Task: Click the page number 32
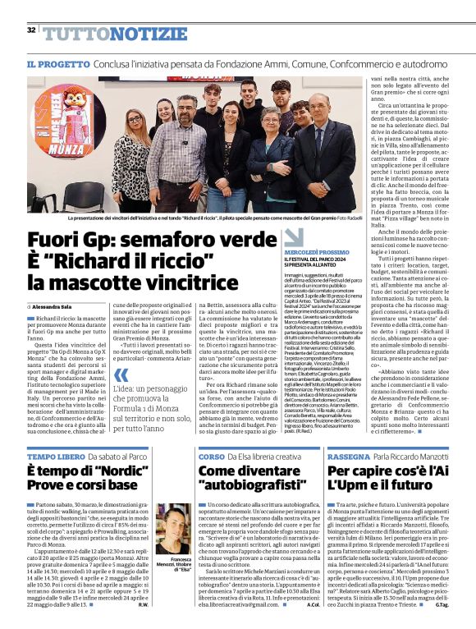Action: tap(31, 30)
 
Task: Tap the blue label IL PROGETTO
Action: tap(54, 63)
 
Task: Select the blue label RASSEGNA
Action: tap(347, 456)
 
